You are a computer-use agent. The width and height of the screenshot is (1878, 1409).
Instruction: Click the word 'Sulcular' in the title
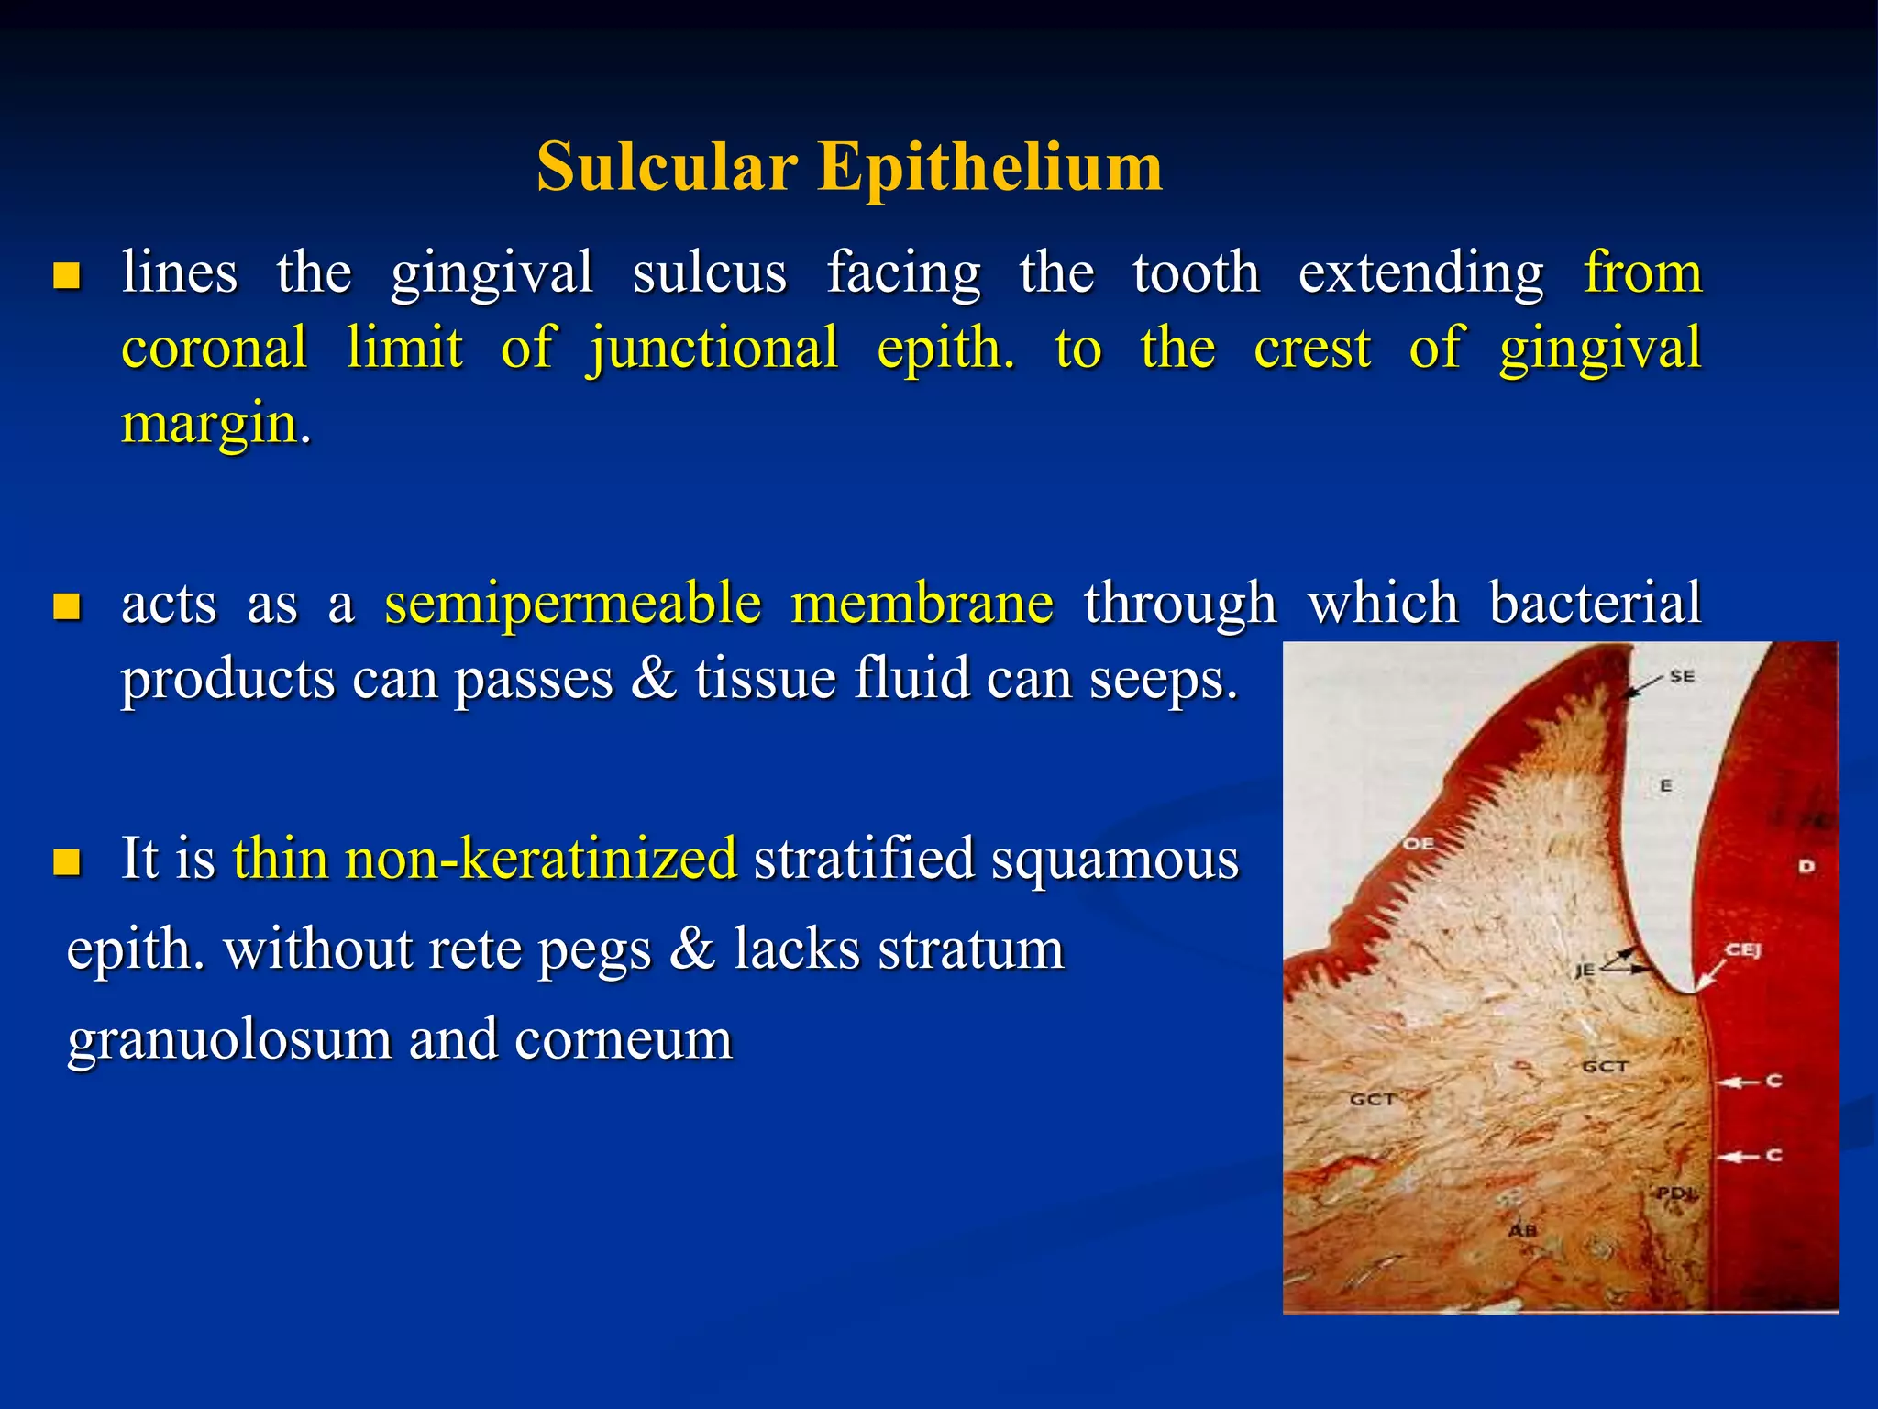click(x=667, y=167)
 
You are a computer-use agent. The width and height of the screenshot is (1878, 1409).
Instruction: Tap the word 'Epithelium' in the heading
click(x=990, y=169)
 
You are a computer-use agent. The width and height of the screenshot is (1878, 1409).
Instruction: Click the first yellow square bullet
click(x=66, y=275)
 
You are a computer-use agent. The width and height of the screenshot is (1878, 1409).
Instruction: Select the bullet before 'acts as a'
click(x=66, y=606)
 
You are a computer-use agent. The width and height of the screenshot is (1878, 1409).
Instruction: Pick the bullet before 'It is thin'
click(x=66, y=861)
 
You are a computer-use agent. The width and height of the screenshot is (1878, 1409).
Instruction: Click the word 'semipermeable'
click(x=572, y=605)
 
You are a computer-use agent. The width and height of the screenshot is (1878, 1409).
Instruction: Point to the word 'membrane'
click(x=922, y=604)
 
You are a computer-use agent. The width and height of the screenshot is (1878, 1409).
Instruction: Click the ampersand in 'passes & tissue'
click(x=653, y=680)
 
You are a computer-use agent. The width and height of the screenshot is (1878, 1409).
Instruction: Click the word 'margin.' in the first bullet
click(x=216, y=424)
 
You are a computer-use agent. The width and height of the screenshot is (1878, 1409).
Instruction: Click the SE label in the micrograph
click(x=1682, y=676)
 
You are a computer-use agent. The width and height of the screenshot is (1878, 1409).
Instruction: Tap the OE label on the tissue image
click(x=1419, y=843)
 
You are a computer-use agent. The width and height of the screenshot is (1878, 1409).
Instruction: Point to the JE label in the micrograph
click(x=1585, y=970)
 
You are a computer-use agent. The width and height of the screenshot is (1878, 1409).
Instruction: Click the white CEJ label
click(x=1743, y=950)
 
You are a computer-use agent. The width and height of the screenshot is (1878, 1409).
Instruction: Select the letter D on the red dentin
click(x=1806, y=866)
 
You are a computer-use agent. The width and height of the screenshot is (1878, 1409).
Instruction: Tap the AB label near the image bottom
click(x=1522, y=1230)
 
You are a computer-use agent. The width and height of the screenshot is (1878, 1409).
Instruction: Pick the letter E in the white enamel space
click(x=1666, y=785)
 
